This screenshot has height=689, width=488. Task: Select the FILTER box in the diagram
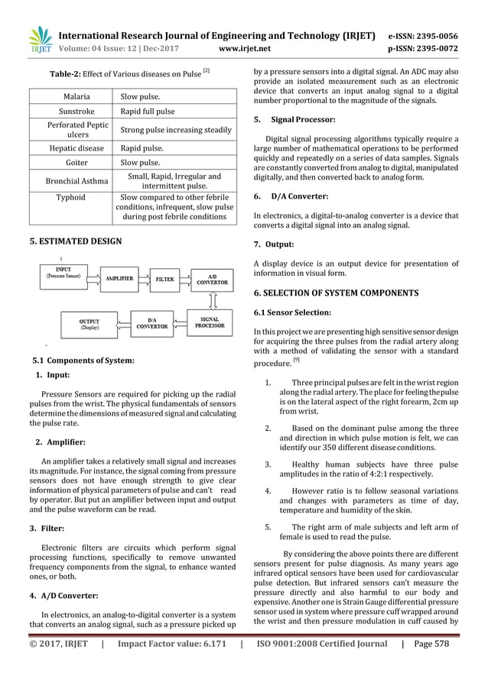(164, 280)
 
